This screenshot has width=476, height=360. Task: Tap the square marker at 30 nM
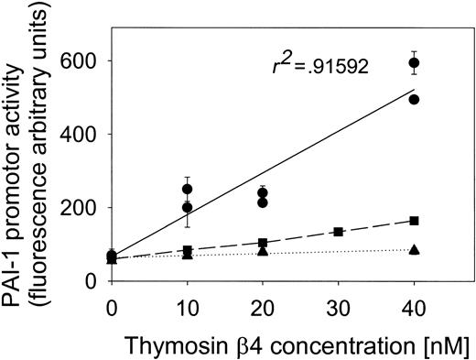[339, 232]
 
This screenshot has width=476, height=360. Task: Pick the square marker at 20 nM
[263, 243]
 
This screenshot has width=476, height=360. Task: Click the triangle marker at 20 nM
[263, 251]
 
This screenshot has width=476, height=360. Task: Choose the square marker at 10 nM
[187, 250]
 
